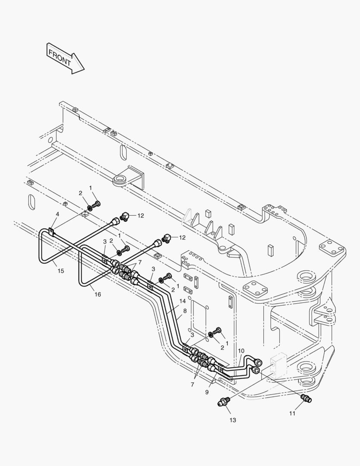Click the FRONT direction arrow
point(65,58)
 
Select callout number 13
point(232,420)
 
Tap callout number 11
point(292,413)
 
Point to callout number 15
point(61,271)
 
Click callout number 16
point(98,294)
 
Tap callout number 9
point(207,392)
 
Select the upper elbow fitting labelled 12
point(125,215)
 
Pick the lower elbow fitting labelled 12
point(167,238)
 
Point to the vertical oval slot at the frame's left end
point(31,203)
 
